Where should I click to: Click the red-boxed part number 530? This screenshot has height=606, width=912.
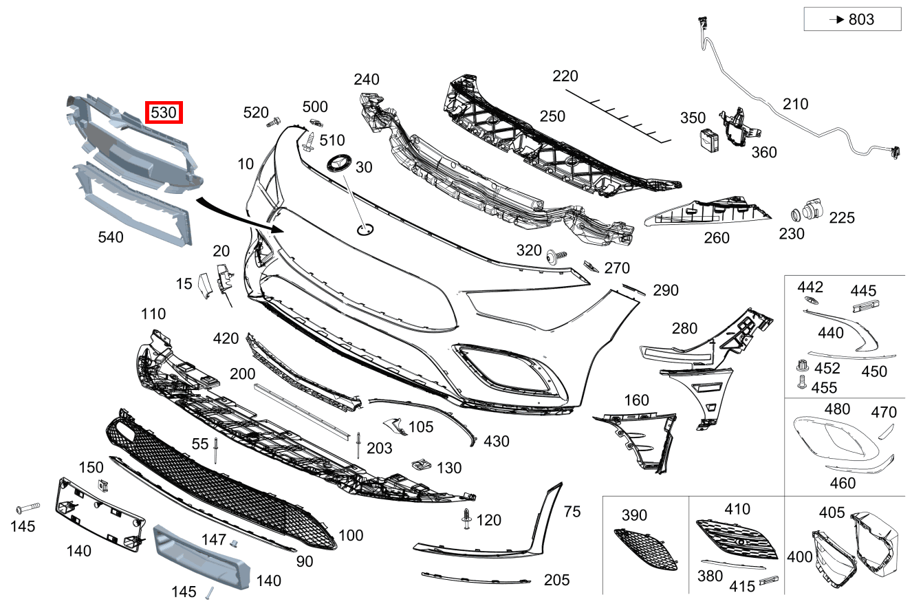[163, 111]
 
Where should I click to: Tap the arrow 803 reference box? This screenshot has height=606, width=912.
[852, 19]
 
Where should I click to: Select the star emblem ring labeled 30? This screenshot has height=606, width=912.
[337, 164]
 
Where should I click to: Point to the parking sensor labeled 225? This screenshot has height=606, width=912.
[814, 208]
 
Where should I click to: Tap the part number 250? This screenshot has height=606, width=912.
[552, 116]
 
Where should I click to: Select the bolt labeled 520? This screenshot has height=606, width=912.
[272, 123]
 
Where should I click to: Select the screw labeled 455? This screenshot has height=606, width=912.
[801, 383]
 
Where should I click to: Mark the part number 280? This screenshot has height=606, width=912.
[684, 329]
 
